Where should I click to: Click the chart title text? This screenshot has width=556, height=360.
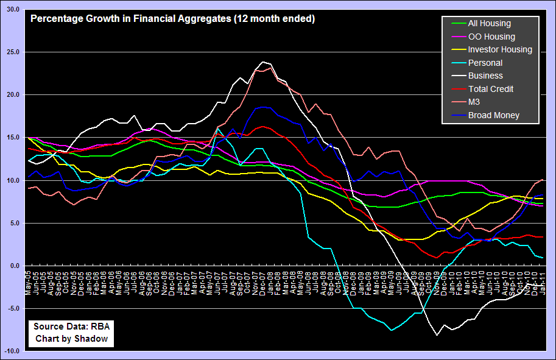(172, 19)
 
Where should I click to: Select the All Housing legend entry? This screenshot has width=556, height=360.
(489, 24)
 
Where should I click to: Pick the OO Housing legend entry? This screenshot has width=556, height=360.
(491, 37)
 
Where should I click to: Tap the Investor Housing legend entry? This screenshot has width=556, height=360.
(499, 49)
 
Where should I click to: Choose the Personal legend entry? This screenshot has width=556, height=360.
(485, 63)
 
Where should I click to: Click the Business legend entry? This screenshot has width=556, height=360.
(485, 76)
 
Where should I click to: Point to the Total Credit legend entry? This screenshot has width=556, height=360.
(490, 89)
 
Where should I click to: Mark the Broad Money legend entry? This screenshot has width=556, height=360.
(493, 115)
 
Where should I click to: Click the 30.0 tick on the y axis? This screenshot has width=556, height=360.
(13, 10)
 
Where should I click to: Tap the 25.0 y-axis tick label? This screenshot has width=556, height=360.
(13, 52)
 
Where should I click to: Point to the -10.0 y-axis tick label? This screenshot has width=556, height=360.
(12, 351)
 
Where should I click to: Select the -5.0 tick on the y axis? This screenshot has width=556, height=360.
(13, 309)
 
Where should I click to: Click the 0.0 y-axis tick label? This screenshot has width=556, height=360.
(15, 266)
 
